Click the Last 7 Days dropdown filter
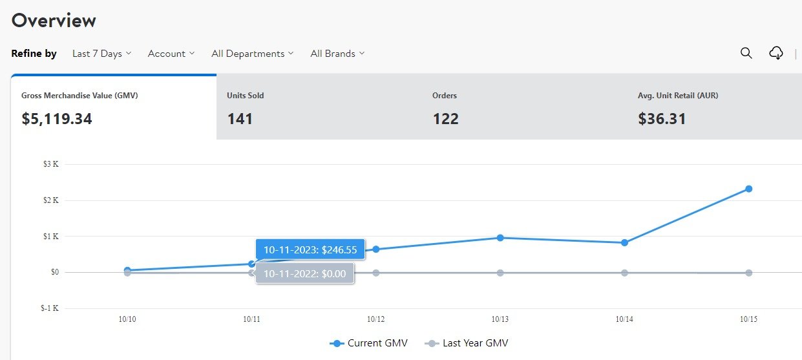pos(101,54)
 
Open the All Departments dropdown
pos(252,54)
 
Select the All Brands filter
pos(337,54)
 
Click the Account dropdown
pos(171,54)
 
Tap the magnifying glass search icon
pos(746,53)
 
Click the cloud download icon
pos(776,53)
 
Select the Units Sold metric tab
pos(319,107)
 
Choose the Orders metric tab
pos(524,107)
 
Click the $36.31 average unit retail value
pos(662,119)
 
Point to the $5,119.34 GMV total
pos(57,119)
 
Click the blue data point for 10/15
pos(748,189)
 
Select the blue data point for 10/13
pos(500,238)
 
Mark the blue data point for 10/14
pos(624,242)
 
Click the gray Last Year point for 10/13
pos(500,273)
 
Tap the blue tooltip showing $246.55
pos(310,249)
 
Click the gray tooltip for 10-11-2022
pos(304,273)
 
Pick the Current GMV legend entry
pos(369,343)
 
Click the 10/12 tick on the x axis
pos(376,319)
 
